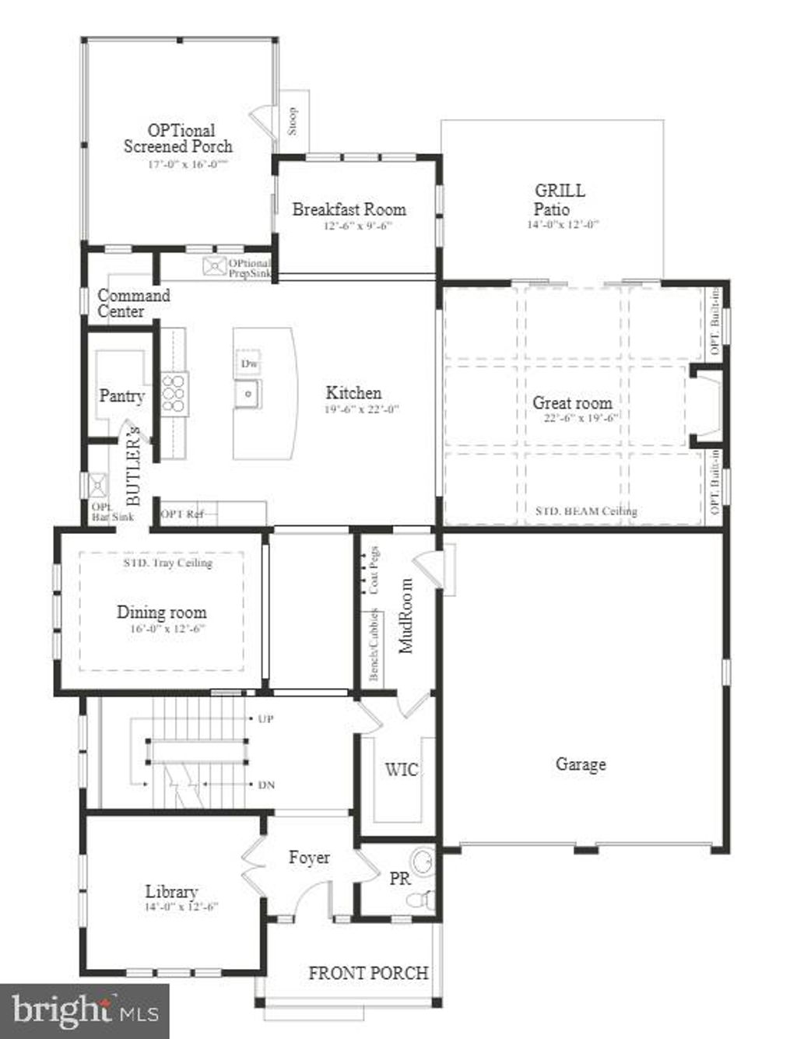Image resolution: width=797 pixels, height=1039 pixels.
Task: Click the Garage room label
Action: coord(581,764)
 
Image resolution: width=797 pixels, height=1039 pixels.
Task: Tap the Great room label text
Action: coord(572,402)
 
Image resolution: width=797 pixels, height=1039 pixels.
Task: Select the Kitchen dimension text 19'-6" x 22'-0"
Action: coord(361,409)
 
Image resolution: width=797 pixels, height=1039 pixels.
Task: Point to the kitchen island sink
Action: coord(248,395)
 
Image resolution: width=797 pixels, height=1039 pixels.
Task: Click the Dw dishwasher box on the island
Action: coord(248,363)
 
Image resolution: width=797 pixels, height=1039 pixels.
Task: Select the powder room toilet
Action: coord(421,899)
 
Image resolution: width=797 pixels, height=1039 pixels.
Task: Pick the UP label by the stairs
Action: coord(265,719)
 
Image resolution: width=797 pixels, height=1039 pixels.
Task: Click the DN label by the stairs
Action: coord(265,785)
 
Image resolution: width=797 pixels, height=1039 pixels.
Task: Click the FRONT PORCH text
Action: coord(368,973)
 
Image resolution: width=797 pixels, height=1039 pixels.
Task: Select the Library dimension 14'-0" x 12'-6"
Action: coord(181,907)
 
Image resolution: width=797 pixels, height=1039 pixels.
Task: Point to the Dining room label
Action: coord(161,612)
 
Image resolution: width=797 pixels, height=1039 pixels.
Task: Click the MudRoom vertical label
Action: coord(406,616)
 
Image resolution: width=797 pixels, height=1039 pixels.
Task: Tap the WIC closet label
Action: coord(402,770)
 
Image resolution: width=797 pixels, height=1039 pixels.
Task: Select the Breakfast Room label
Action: coord(349,209)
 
